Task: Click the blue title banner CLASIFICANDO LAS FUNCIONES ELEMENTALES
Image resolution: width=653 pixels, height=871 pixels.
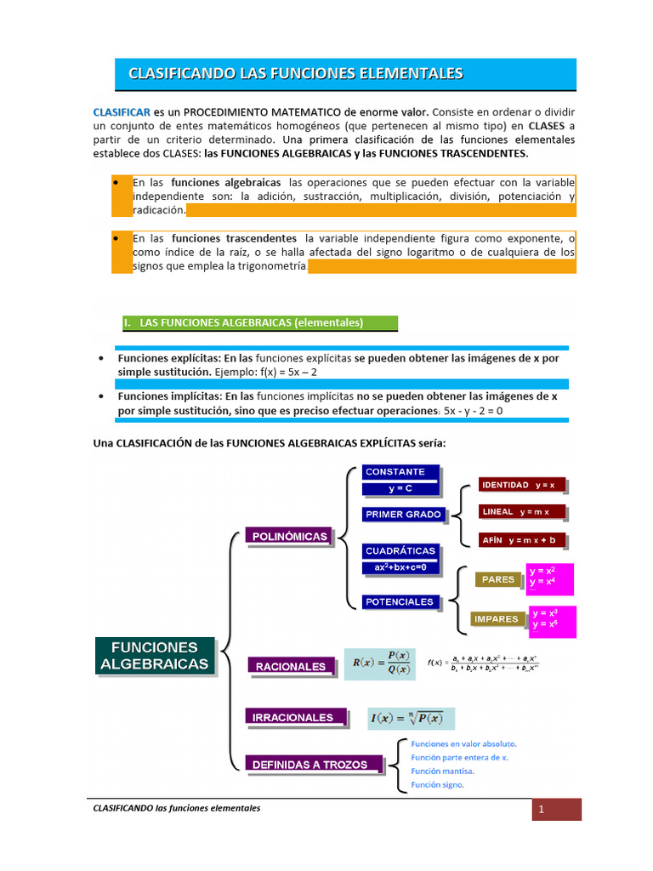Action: click(x=345, y=74)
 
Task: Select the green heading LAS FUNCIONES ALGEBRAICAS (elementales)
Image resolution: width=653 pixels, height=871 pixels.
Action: click(x=255, y=323)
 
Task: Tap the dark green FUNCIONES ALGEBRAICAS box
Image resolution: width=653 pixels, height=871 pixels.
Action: click(x=155, y=656)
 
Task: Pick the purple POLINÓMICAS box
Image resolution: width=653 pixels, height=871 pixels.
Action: click(x=289, y=537)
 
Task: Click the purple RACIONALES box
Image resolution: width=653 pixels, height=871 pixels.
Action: click(x=291, y=667)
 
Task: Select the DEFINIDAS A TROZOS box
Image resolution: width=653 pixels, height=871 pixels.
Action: click(x=309, y=765)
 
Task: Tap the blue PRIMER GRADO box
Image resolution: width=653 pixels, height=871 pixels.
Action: click(x=403, y=514)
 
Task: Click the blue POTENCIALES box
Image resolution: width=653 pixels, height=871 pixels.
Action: click(x=399, y=601)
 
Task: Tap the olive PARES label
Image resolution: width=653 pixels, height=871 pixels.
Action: click(x=498, y=579)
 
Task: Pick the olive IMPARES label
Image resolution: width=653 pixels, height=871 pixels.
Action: click(x=497, y=619)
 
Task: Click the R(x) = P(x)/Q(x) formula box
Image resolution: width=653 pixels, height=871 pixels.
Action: click(x=380, y=663)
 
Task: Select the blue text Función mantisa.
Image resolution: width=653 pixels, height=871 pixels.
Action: click(x=442, y=771)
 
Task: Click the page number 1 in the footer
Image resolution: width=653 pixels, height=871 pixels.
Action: click(x=541, y=810)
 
